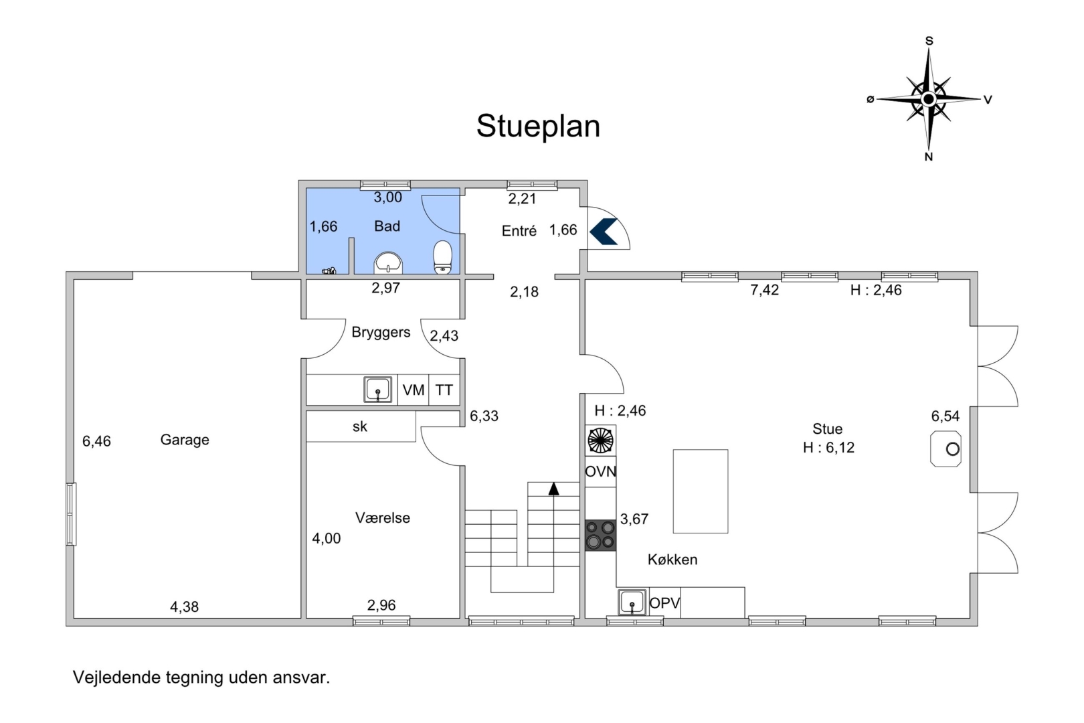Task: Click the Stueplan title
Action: (538, 127)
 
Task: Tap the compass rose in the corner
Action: (928, 99)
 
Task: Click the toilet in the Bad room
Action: (442, 257)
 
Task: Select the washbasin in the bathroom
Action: (388, 263)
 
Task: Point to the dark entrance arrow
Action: (603, 232)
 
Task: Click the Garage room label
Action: (185, 440)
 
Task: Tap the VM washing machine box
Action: (414, 390)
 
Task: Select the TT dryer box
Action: (444, 390)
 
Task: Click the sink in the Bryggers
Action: (378, 390)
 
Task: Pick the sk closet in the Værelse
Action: (361, 426)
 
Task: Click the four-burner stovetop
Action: (601, 535)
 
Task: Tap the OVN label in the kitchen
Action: (601, 471)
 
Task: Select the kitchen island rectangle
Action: (700, 491)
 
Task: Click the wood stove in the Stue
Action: (945, 449)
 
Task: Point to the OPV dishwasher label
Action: (664, 603)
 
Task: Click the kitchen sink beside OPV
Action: (632, 602)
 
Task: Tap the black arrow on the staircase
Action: (553, 489)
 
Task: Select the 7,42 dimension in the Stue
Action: (765, 290)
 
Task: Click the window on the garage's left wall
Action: (71, 514)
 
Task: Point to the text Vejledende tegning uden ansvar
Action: (201, 677)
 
